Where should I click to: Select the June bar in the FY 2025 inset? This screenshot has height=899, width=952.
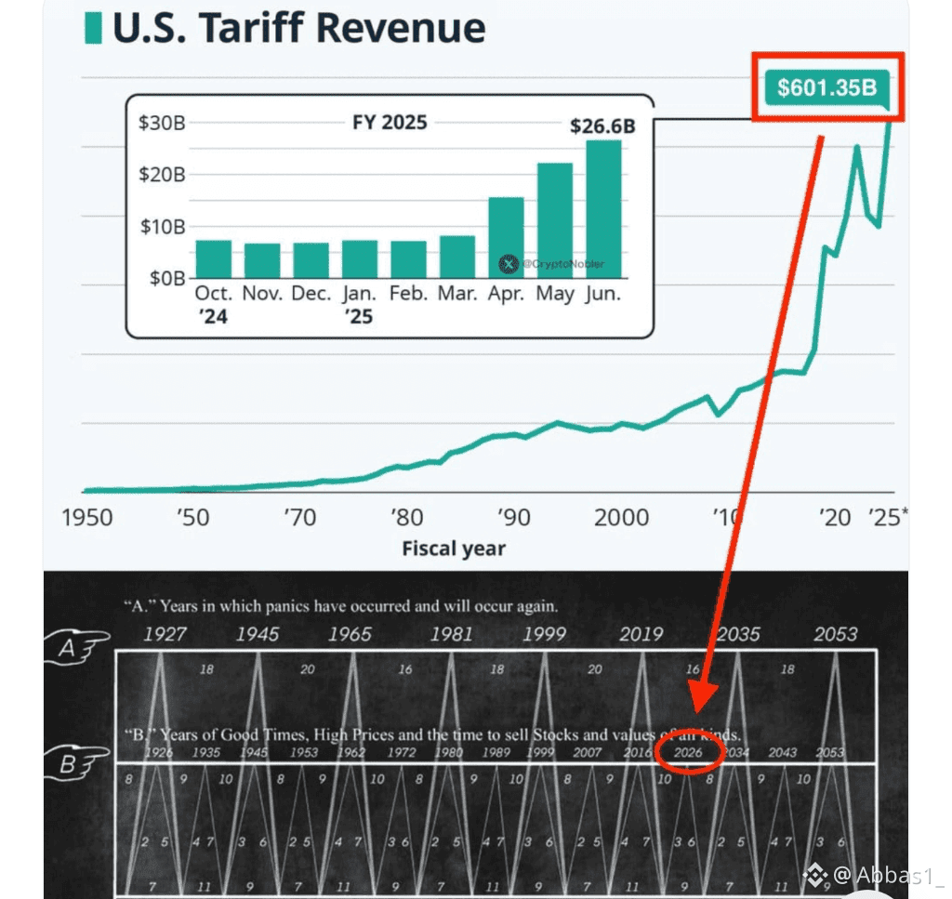(x=603, y=208)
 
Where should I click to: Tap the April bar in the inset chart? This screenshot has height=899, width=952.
(x=506, y=237)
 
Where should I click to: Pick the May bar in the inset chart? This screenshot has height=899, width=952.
(x=555, y=220)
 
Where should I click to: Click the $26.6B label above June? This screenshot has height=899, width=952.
(x=602, y=126)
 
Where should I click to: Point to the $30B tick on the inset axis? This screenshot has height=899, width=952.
(x=162, y=123)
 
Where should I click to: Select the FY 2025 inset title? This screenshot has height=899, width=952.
(x=390, y=123)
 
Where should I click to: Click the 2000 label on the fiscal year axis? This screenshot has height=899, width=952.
(x=621, y=517)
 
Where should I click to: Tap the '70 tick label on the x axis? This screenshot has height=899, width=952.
(x=299, y=517)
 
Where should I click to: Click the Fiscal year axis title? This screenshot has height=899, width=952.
(x=454, y=549)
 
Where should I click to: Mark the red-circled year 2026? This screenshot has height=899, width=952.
(x=689, y=751)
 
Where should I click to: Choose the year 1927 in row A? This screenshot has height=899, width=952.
(x=165, y=635)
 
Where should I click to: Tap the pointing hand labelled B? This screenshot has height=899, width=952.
(x=76, y=763)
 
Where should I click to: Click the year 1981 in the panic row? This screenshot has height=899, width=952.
(x=451, y=635)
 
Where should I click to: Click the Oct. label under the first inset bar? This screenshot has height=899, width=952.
(x=214, y=294)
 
